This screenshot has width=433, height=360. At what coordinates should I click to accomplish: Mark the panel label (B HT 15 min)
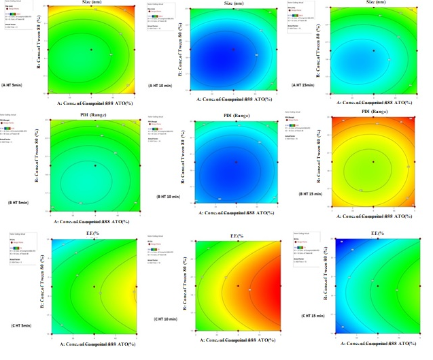tap(312, 194)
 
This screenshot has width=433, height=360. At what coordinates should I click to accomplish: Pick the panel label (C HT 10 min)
tap(167, 319)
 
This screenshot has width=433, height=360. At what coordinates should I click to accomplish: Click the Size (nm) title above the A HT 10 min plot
tap(233, 3)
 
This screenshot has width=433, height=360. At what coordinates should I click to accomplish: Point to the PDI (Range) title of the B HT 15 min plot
tap(375, 112)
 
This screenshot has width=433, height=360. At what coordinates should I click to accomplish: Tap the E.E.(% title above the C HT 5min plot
tap(93, 235)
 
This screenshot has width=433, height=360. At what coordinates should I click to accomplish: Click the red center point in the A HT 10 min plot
tap(233, 49)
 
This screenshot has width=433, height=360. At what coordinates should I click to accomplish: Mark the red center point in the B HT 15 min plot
tap(373, 161)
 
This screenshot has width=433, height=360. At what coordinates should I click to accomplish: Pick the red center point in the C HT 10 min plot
tap(238, 286)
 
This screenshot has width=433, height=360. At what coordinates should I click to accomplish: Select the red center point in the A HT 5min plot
tap(90, 50)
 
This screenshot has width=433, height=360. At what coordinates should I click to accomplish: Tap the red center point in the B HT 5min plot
tap(95, 165)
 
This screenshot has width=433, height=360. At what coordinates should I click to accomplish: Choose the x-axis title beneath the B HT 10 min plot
tap(235, 212)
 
